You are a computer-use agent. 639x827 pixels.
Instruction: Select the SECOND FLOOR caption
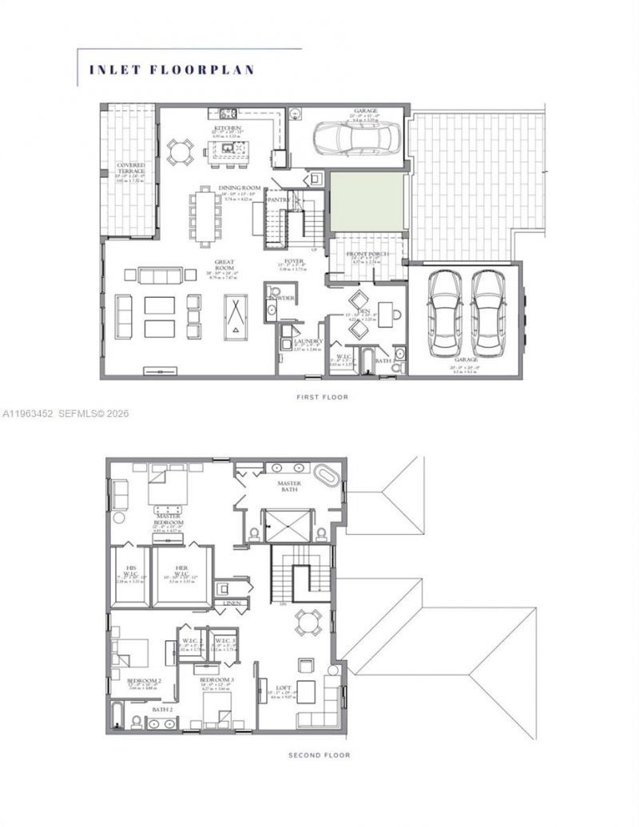point(319,754)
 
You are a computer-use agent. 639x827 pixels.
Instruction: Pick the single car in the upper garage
point(351,138)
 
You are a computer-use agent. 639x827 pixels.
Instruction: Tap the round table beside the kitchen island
point(180,150)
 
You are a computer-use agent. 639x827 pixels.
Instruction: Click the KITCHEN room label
point(227,127)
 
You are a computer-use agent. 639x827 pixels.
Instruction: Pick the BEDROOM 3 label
point(216,679)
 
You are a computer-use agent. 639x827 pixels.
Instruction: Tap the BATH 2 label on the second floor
point(162,708)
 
